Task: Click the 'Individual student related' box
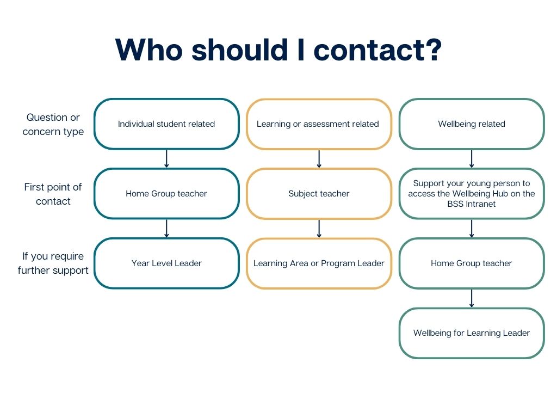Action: [x=166, y=124]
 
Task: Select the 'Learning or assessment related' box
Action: [x=319, y=124]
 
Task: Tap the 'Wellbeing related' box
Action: [x=472, y=124]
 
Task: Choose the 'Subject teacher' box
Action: [x=319, y=194]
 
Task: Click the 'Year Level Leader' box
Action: [x=166, y=263]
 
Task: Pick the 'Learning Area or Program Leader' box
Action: [x=319, y=263]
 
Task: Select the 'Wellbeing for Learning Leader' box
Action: [x=472, y=333]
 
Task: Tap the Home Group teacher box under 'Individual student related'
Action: [x=166, y=194]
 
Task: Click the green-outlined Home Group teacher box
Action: [x=472, y=263]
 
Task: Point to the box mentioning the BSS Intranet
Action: [x=472, y=194]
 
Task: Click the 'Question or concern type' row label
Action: [x=53, y=125]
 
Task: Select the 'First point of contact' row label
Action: [x=53, y=194]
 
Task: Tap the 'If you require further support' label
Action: [x=53, y=263]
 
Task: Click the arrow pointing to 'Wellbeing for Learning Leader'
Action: [x=472, y=298]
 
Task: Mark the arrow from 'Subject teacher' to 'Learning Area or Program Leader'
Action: [x=319, y=229]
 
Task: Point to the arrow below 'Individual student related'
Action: [x=166, y=159]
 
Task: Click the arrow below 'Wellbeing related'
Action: [x=472, y=159]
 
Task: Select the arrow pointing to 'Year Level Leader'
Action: [x=166, y=229]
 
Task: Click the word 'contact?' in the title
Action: [x=378, y=50]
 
